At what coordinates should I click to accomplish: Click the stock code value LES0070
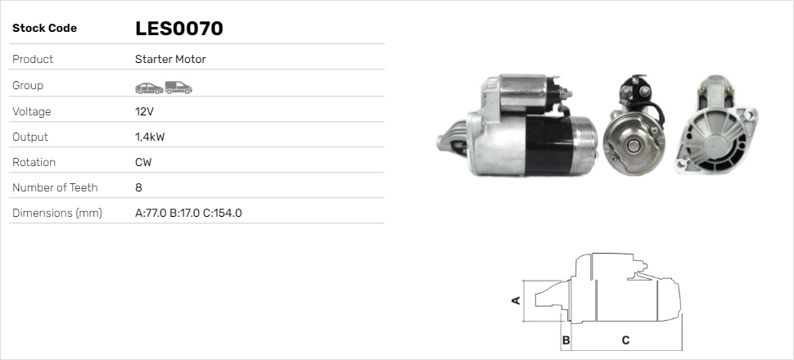click(x=178, y=29)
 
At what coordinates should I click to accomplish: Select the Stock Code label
click(x=44, y=29)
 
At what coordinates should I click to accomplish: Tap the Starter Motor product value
click(x=170, y=59)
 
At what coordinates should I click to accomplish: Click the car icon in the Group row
click(x=149, y=88)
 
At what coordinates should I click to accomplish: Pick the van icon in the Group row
click(x=178, y=88)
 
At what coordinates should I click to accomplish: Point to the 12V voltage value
click(x=144, y=111)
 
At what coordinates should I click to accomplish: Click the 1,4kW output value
click(x=150, y=137)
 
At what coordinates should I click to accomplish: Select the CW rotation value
click(x=143, y=162)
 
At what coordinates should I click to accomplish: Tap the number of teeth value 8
click(x=139, y=187)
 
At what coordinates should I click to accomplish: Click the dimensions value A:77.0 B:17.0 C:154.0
click(x=188, y=214)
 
